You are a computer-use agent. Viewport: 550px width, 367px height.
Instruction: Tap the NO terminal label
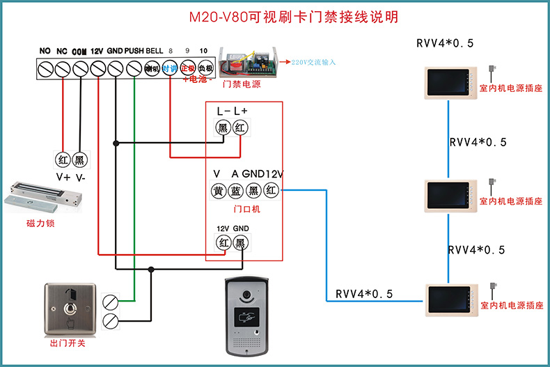coord(45,51)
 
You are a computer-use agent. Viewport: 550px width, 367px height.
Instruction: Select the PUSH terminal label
coord(135,51)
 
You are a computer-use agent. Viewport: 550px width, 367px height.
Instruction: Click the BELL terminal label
coord(155,51)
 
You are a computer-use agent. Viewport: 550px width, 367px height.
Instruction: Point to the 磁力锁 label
coord(40,224)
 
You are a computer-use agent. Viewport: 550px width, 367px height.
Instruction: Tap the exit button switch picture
coord(68,306)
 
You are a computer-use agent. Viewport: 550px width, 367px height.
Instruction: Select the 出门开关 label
coord(68,343)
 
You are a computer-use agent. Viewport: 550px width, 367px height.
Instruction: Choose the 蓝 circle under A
coord(236,190)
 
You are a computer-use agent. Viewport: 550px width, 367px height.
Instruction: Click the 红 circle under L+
coord(240,127)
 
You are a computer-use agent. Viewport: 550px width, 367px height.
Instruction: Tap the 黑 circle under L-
coord(223,127)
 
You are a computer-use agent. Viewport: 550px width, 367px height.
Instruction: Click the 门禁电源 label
coord(241,84)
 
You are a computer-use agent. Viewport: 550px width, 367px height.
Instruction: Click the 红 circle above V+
coord(63,159)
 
